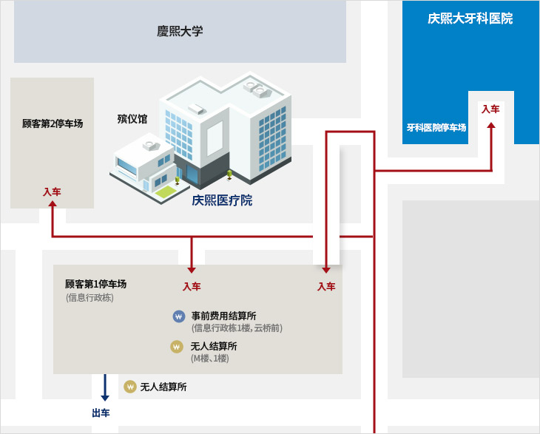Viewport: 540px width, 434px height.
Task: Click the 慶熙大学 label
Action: (180, 31)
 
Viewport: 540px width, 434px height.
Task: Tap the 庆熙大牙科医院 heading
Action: (470, 18)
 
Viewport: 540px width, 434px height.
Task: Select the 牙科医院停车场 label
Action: (436, 127)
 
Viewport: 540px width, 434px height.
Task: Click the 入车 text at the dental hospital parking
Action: (490, 109)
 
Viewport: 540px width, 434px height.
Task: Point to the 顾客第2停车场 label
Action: (53, 123)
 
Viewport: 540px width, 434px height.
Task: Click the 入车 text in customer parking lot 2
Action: (52, 191)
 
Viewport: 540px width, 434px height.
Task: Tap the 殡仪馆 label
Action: (132, 118)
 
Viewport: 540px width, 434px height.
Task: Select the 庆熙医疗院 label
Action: (222, 200)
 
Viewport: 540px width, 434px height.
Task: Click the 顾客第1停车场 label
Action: (95, 284)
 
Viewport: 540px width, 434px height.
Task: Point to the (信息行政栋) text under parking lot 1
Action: (90, 297)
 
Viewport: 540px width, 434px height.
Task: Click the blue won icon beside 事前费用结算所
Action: (178, 316)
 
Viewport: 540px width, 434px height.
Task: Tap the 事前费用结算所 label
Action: (223, 316)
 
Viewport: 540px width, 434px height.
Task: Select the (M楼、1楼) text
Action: (210, 359)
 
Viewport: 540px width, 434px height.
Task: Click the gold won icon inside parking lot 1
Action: (177, 346)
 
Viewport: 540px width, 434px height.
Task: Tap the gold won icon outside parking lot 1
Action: (130, 386)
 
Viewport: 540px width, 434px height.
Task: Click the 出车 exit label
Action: (101, 413)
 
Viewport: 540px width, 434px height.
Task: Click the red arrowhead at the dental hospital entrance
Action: (491, 126)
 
